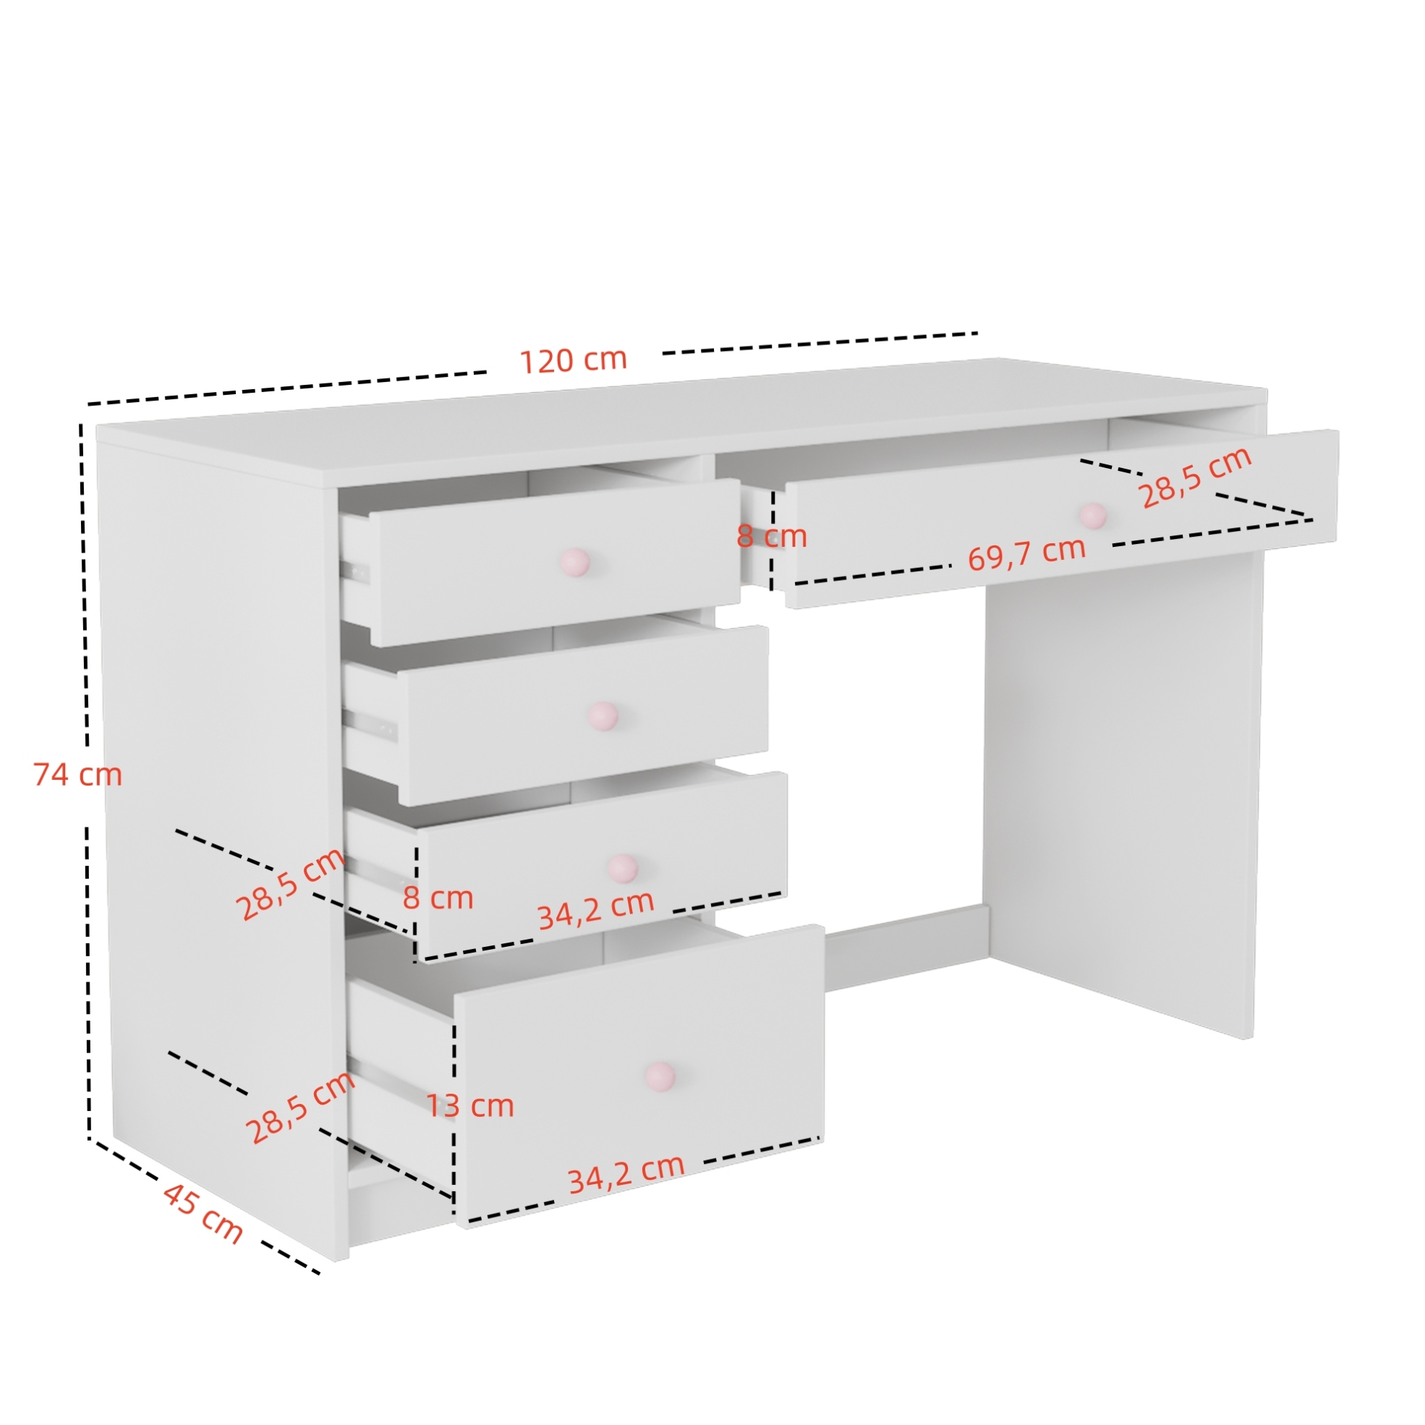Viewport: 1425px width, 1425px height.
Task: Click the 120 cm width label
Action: click(x=573, y=360)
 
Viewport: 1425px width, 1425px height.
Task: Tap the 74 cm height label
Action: click(x=77, y=775)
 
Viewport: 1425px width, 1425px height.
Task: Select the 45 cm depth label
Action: click(x=202, y=1213)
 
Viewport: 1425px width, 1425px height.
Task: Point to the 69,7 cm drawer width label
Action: click(x=1026, y=554)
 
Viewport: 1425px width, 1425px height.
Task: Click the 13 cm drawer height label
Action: click(x=470, y=1105)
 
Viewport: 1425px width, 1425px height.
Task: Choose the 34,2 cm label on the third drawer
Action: click(x=595, y=910)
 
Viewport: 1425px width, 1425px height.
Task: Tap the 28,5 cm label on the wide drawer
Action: click(x=1196, y=477)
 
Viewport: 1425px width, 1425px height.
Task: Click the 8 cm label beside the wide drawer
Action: click(x=772, y=536)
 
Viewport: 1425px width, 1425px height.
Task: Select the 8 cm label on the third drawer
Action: click(x=438, y=898)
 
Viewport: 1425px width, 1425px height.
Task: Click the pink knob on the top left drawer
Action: click(x=574, y=562)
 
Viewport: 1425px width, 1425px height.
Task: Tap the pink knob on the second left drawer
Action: click(x=603, y=715)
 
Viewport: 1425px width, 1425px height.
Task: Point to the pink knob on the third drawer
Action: click(x=623, y=868)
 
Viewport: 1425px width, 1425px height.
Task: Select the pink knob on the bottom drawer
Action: click(x=660, y=1077)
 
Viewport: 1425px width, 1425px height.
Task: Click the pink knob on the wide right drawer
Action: click(x=1093, y=516)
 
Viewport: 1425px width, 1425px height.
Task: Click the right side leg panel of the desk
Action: click(x=1121, y=796)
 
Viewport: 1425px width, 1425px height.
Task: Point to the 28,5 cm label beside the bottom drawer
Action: click(x=299, y=1107)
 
